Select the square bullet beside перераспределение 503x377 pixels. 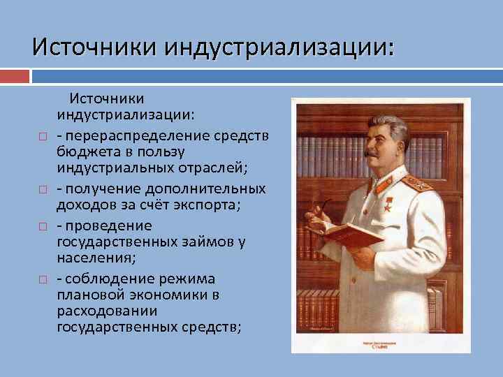(43, 133)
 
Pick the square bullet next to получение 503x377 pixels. (43, 190)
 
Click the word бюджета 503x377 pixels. (86, 151)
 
